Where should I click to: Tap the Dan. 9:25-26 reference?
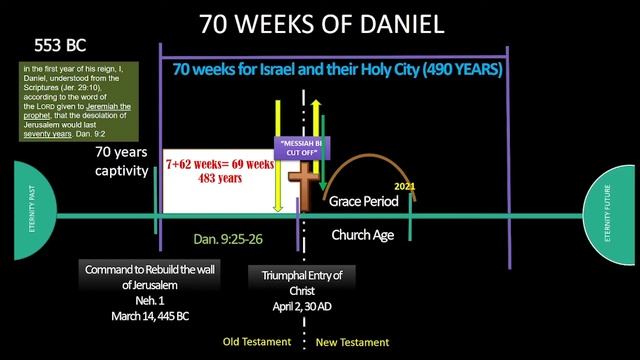point(227,240)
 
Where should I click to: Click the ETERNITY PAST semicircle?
point(27,214)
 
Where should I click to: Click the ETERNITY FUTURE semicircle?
point(611,214)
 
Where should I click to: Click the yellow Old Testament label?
point(256,342)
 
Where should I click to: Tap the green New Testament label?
point(352,342)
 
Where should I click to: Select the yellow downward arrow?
point(278,160)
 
